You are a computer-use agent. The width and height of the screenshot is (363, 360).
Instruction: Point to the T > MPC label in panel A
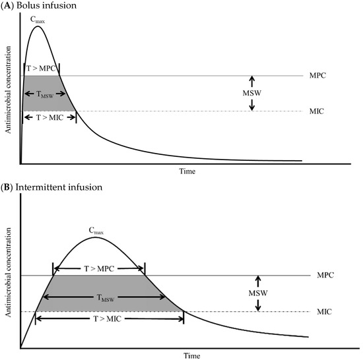pos(41,68)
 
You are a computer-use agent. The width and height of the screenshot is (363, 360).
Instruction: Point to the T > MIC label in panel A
pos(49,117)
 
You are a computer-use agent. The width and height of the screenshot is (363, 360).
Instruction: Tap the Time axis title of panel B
pos(191,355)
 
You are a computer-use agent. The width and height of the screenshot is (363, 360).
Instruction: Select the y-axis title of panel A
pos(9,94)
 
